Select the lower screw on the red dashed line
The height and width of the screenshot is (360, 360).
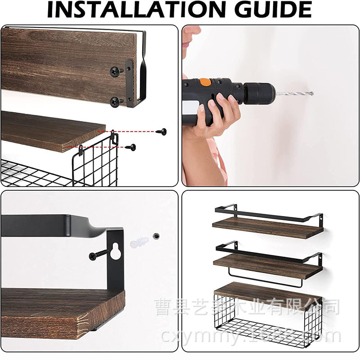click(130, 147)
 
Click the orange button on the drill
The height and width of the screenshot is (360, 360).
click(205, 82)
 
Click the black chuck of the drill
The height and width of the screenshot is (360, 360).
click(260, 93)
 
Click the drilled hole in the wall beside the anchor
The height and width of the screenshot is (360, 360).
click(155, 235)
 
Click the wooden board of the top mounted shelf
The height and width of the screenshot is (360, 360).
click(268, 228)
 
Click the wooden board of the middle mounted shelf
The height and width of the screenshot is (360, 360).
click(268, 265)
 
